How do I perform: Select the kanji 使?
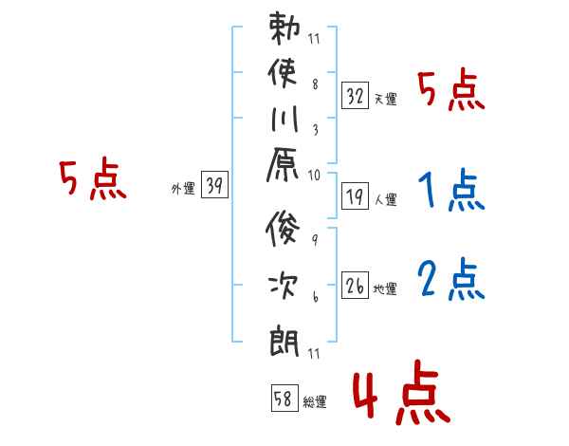tap(283, 72)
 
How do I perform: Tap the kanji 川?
tap(284, 119)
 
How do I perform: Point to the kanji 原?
tap(283, 164)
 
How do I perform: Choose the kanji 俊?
tap(283, 229)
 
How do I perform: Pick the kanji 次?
tap(284, 286)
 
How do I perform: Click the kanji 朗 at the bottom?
tap(284, 342)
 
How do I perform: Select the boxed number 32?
tap(355, 96)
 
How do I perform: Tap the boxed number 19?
tap(355, 196)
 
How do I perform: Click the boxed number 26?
tap(355, 286)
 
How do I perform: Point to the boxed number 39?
tap(214, 184)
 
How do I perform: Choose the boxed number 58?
tap(284, 398)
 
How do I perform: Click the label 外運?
tap(183, 189)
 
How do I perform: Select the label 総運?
tap(315, 402)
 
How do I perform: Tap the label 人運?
tap(386, 200)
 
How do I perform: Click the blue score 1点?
tap(451, 190)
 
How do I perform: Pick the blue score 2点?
tap(451, 279)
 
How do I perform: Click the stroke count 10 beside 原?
tap(314, 176)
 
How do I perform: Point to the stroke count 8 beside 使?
tap(316, 84)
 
